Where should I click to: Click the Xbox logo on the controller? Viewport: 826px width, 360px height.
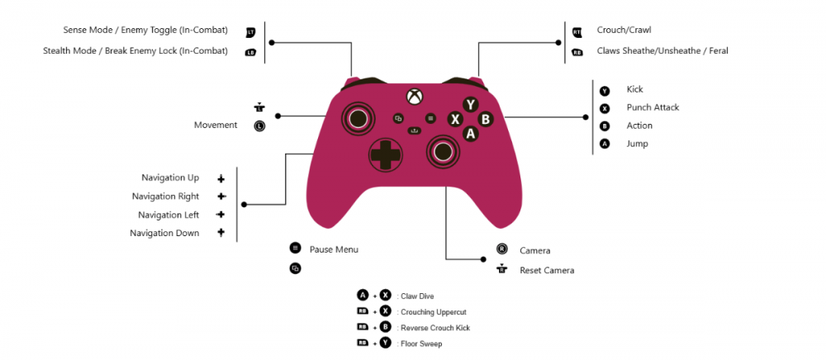[414, 96]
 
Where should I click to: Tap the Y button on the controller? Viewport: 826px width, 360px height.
[471, 105]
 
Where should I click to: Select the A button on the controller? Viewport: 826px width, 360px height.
[471, 134]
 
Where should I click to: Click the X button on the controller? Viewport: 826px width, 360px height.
[455, 120]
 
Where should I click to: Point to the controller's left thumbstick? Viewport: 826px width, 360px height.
[358, 116]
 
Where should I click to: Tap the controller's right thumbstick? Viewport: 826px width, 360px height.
[443, 151]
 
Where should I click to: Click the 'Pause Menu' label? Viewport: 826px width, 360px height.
[334, 249]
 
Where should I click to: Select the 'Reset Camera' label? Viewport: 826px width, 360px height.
[547, 271]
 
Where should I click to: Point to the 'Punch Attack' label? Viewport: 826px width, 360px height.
[653, 107]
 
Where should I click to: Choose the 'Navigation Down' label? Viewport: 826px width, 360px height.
[164, 233]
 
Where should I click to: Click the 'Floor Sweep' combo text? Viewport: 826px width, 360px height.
[421, 344]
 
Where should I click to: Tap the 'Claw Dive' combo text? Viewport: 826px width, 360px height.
[417, 296]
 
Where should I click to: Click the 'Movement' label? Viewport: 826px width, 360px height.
[216, 126]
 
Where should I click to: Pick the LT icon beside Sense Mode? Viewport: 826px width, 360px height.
[251, 32]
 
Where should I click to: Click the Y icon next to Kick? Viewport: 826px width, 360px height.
[605, 91]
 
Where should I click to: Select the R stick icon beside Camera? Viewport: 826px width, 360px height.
[502, 249]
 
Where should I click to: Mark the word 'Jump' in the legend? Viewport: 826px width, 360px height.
[638, 144]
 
